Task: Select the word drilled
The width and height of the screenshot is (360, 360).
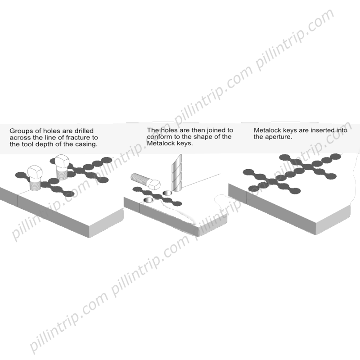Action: pyautogui.click(x=84, y=130)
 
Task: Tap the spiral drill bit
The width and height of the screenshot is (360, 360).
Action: pyautogui.click(x=176, y=173)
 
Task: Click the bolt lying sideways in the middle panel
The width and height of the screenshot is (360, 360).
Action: pyautogui.click(x=145, y=181)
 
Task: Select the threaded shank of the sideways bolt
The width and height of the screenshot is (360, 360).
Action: pyautogui.click(x=140, y=179)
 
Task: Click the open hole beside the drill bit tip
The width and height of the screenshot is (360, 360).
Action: pyautogui.click(x=167, y=193)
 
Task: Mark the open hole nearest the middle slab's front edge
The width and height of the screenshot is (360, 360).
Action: pyautogui.click(x=148, y=200)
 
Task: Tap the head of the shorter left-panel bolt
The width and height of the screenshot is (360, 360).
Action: pyautogui.click(x=35, y=172)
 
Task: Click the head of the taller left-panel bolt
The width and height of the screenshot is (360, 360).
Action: pyautogui.click(x=62, y=162)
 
